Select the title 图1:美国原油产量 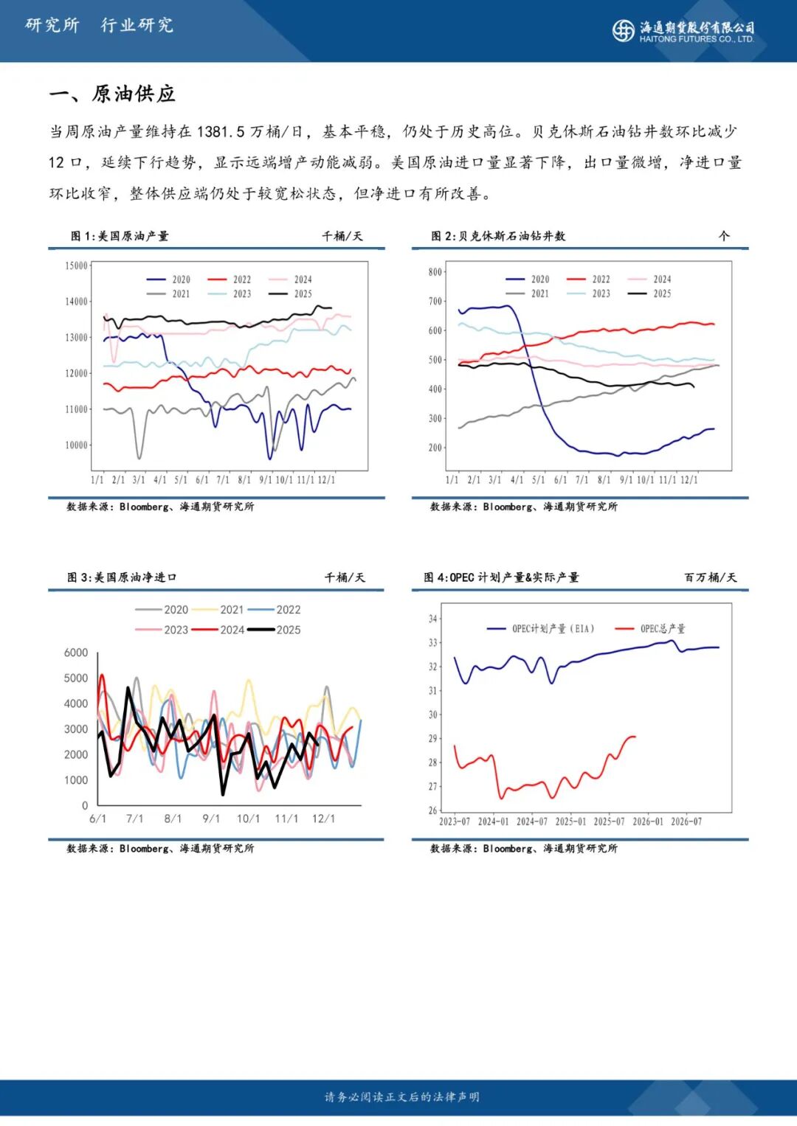pyautogui.click(x=120, y=236)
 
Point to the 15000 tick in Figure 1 pyautogui.click(x=76, y=265)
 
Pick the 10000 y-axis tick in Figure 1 pyautogui.click(x=76, y=445)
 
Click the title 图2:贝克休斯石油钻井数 pyautogui.click(x=498, y=236)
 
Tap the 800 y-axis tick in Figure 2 pyautogui.click(x=435, y=272)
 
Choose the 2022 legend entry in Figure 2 pyautogui.click(x=591, y=279)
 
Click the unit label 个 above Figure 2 pyautogui.click(x=723, y=236)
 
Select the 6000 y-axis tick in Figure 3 pyautogui.click(x=76, y=653)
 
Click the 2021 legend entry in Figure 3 pyautogui.click(x=221, y=610)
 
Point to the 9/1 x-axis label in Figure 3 pyautogui.click(x=211, y=819)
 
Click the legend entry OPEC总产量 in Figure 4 pyautogui.click(x=653, y=629)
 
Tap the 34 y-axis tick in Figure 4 pyautogui.click(x=433, y=619)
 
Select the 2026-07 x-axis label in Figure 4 pyautogui.click(x=686, y=821)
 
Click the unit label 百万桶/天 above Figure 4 pyautogui.click(x=710, y=577)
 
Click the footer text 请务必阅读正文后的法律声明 pyautogui.click(x=401, y=1097)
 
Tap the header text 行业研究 pyautogui.click(x=137, y=25)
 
